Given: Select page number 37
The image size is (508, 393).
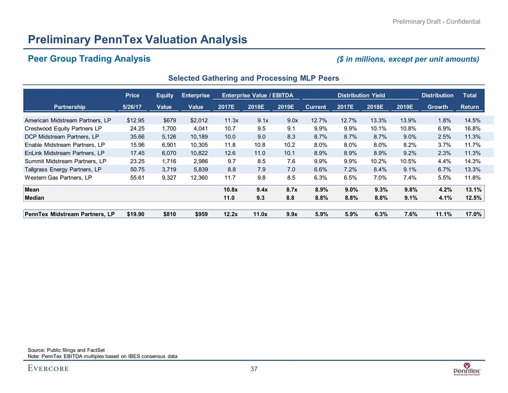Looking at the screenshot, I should click(254, 369).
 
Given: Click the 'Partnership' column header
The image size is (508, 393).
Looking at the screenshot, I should click(69, 106).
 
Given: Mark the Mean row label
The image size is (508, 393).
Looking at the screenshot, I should click(32, 190).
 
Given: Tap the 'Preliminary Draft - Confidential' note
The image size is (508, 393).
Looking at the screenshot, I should click(436, 21).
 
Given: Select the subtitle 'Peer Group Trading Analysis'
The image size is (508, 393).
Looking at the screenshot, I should click(89, 59).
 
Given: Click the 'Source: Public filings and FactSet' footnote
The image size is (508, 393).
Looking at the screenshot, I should click(65, 349).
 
